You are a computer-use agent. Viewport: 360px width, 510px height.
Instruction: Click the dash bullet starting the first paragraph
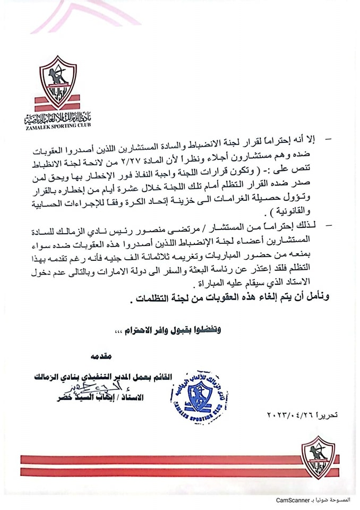[328, 140]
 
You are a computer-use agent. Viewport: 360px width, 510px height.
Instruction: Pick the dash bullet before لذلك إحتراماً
[328, 226]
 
